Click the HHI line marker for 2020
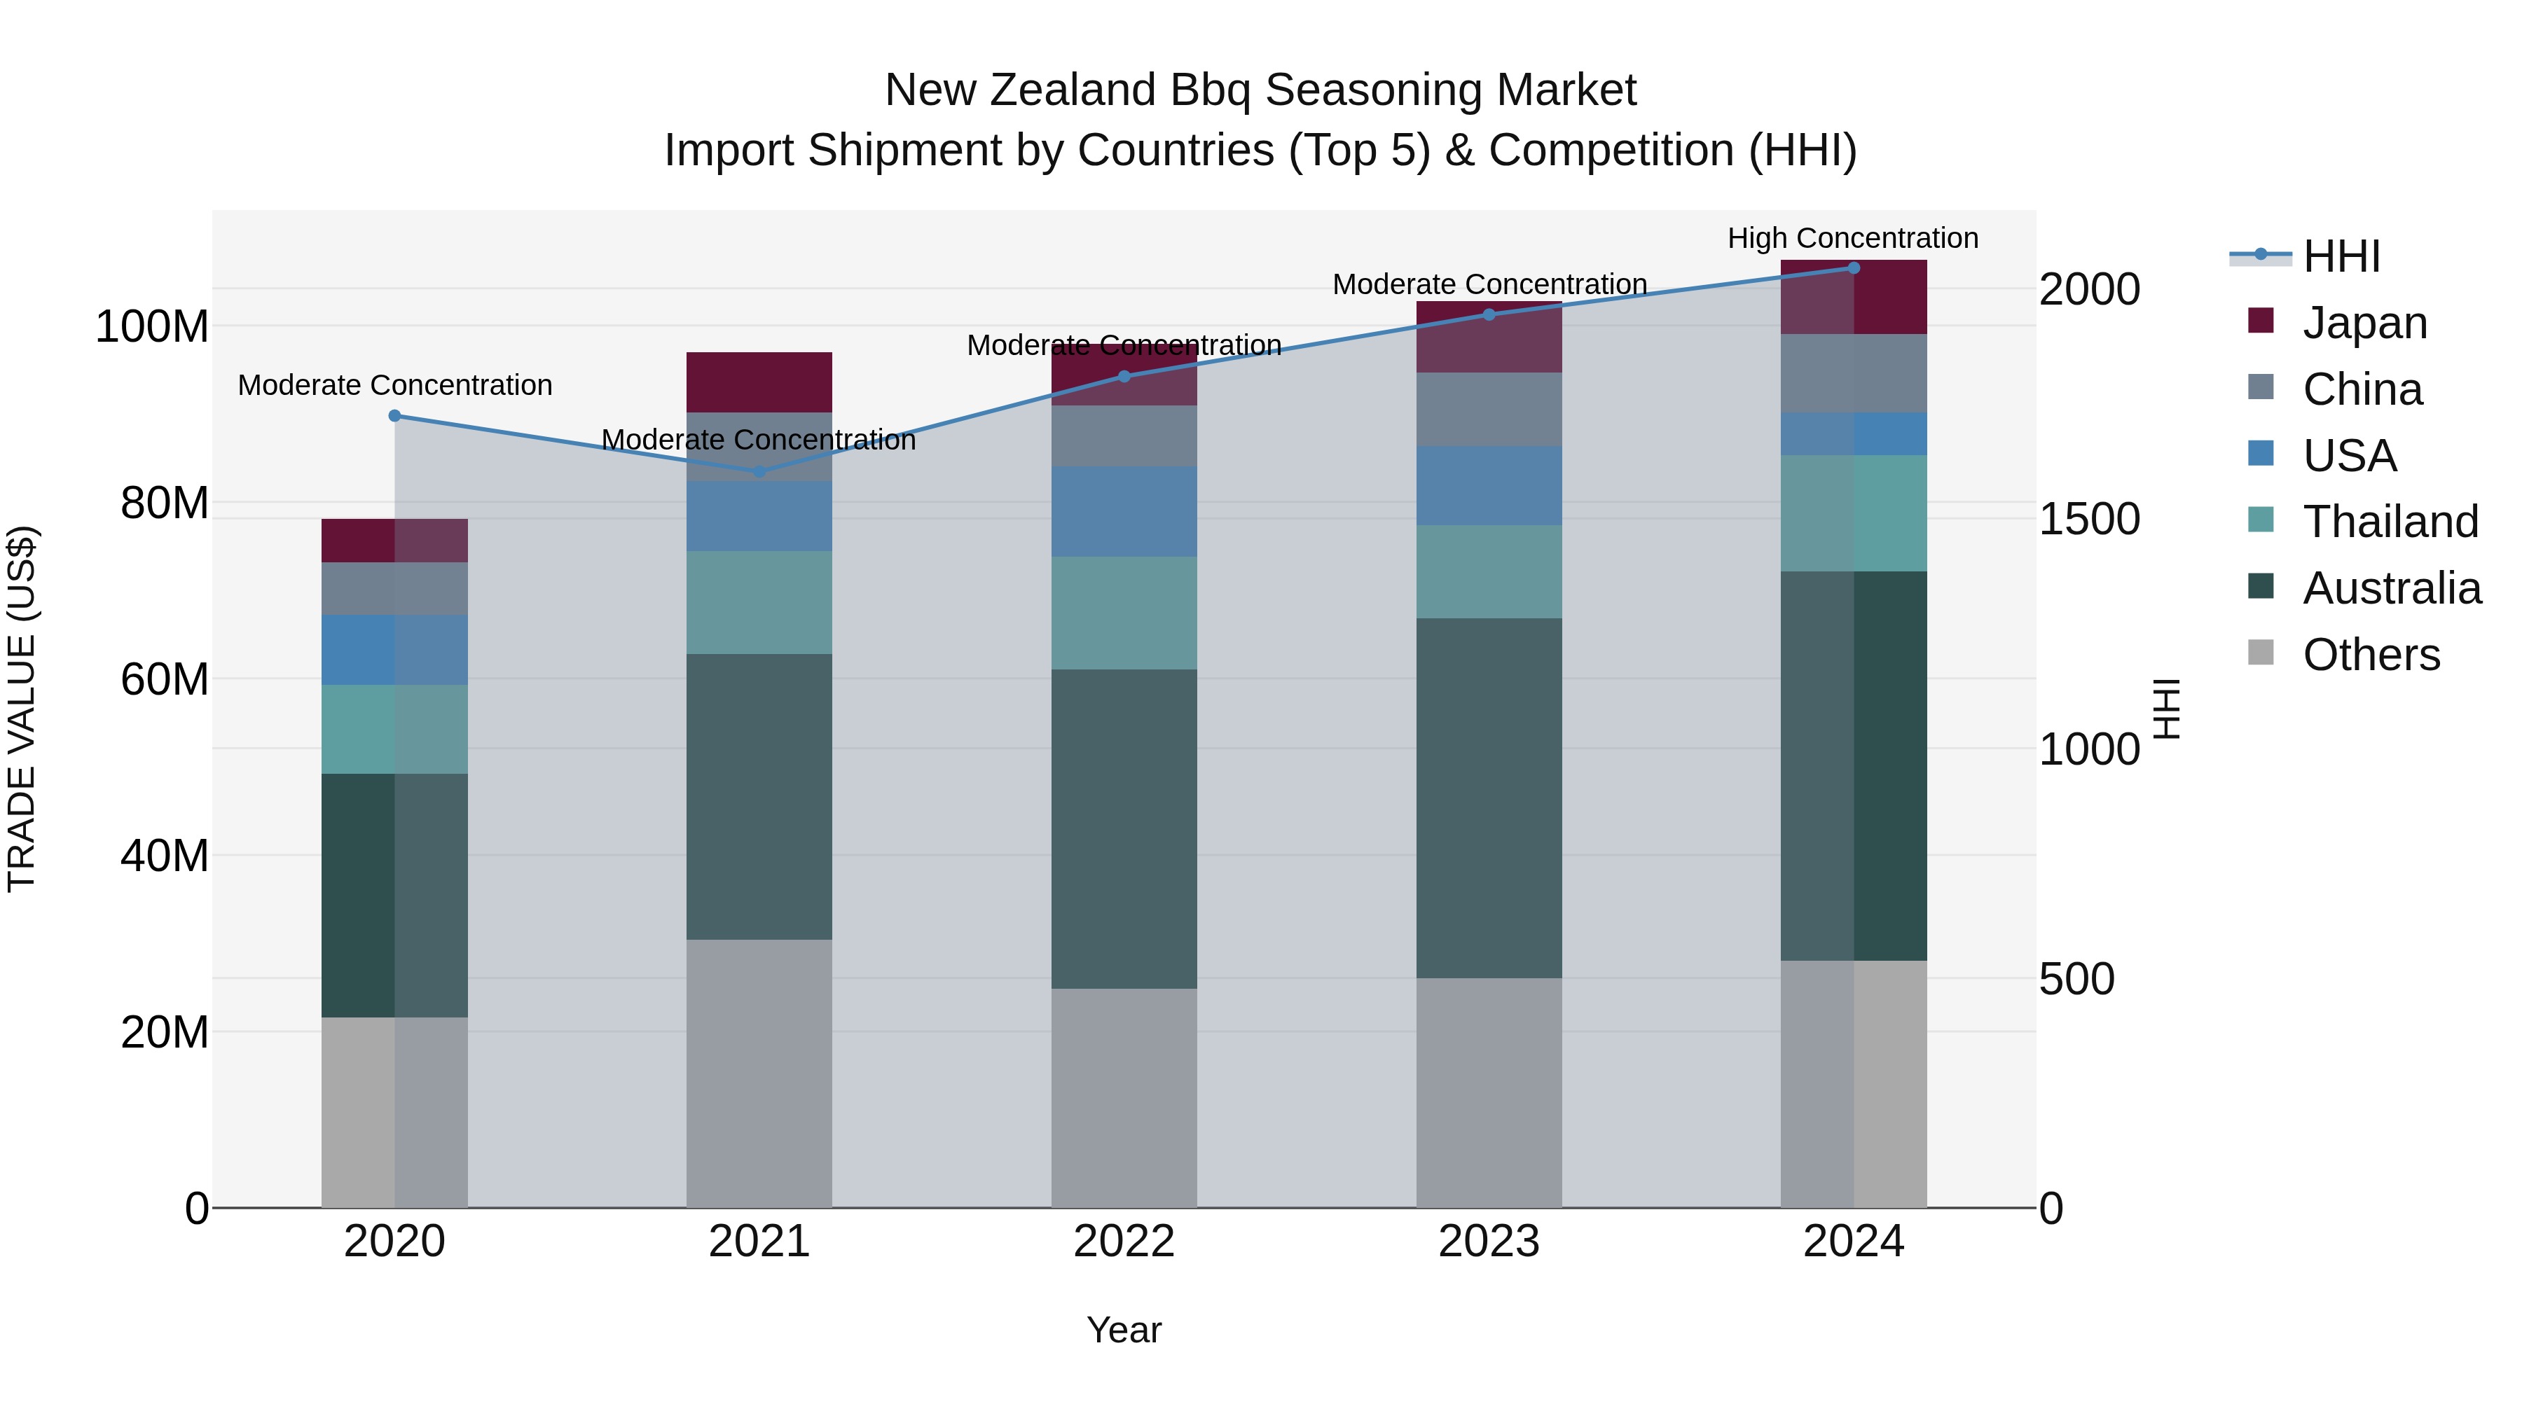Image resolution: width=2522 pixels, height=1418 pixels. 394,416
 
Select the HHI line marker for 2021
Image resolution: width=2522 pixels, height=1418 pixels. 759,472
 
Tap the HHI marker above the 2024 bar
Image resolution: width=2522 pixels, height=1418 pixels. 1853,268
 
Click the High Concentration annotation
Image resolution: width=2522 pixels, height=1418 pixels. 1852,239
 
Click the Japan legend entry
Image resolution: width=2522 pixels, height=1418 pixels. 2364,323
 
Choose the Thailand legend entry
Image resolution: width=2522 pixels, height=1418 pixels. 2390,522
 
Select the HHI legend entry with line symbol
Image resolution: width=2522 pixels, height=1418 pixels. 2341,256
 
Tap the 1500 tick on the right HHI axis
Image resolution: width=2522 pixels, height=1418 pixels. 2088,519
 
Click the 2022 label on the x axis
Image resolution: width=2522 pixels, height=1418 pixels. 1124,1242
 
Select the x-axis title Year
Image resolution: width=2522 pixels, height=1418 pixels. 1124,1330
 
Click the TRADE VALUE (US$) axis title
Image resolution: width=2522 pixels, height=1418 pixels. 22,709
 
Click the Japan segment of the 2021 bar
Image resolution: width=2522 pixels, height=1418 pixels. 759,382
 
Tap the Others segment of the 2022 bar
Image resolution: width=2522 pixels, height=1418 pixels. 1124,1097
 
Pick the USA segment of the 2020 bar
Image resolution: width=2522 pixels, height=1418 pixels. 394,650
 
